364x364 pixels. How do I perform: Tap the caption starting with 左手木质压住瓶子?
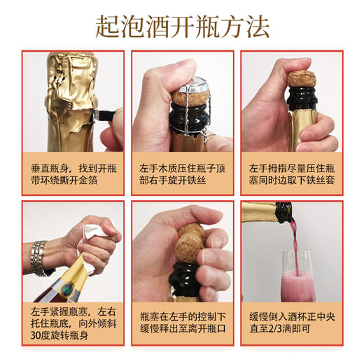coord(182,175)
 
